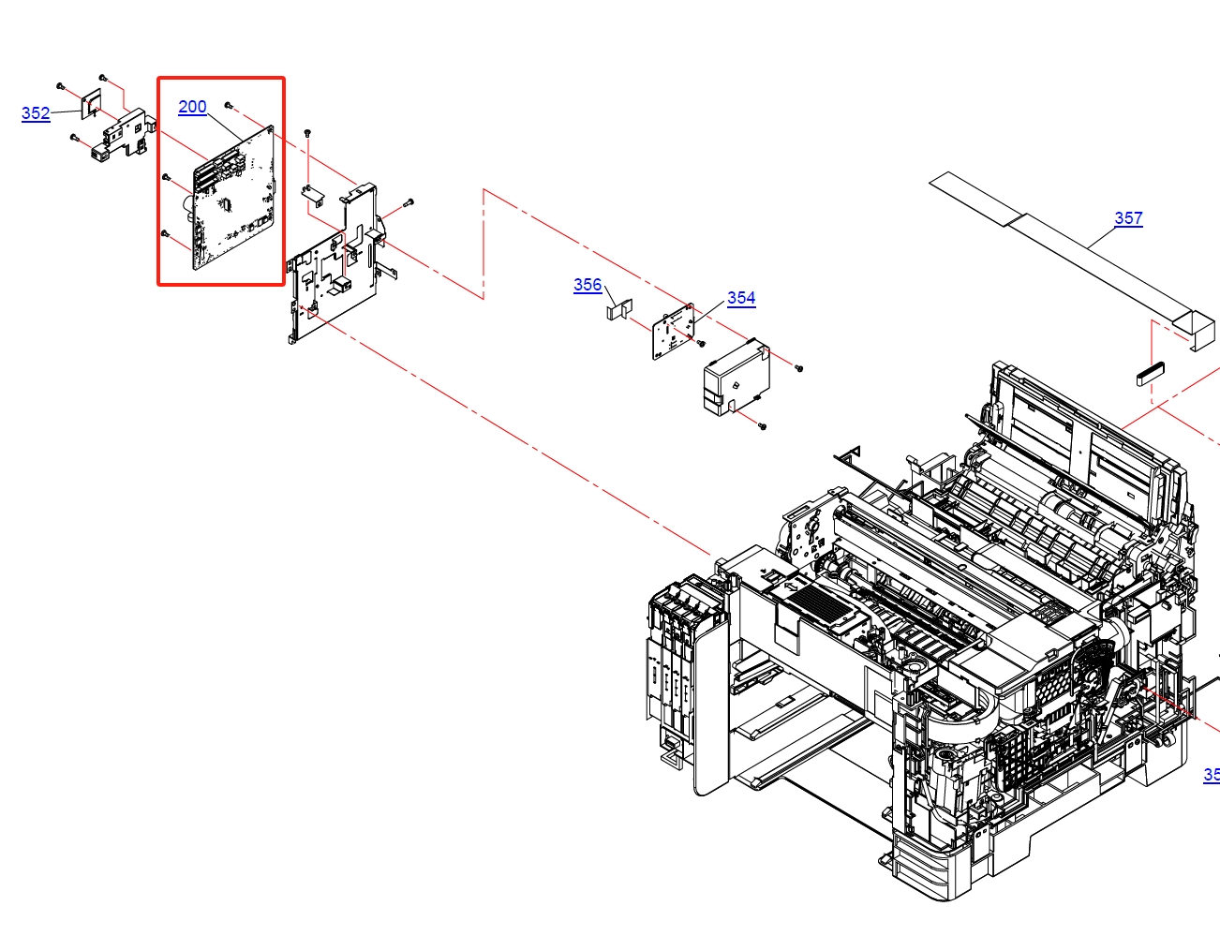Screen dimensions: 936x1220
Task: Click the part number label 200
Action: (x=192, y=107)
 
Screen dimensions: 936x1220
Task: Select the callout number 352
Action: (x=36, y=113)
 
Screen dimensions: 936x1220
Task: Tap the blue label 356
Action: (x=588, y=285)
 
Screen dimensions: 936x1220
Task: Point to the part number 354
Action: (x=741, y=298)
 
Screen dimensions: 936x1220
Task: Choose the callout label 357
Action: (x=1128, y=218)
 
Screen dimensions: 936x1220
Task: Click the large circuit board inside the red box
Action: (x=233, y=198)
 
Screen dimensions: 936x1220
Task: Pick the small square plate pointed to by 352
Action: (x=92, y=104)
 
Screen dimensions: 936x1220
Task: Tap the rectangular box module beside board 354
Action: (x=736, y=377)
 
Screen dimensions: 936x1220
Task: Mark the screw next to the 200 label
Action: (x=229, y=106)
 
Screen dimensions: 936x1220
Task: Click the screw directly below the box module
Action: (x=762, y=426)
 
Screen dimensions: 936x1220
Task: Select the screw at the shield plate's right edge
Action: (x=409, y=202)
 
